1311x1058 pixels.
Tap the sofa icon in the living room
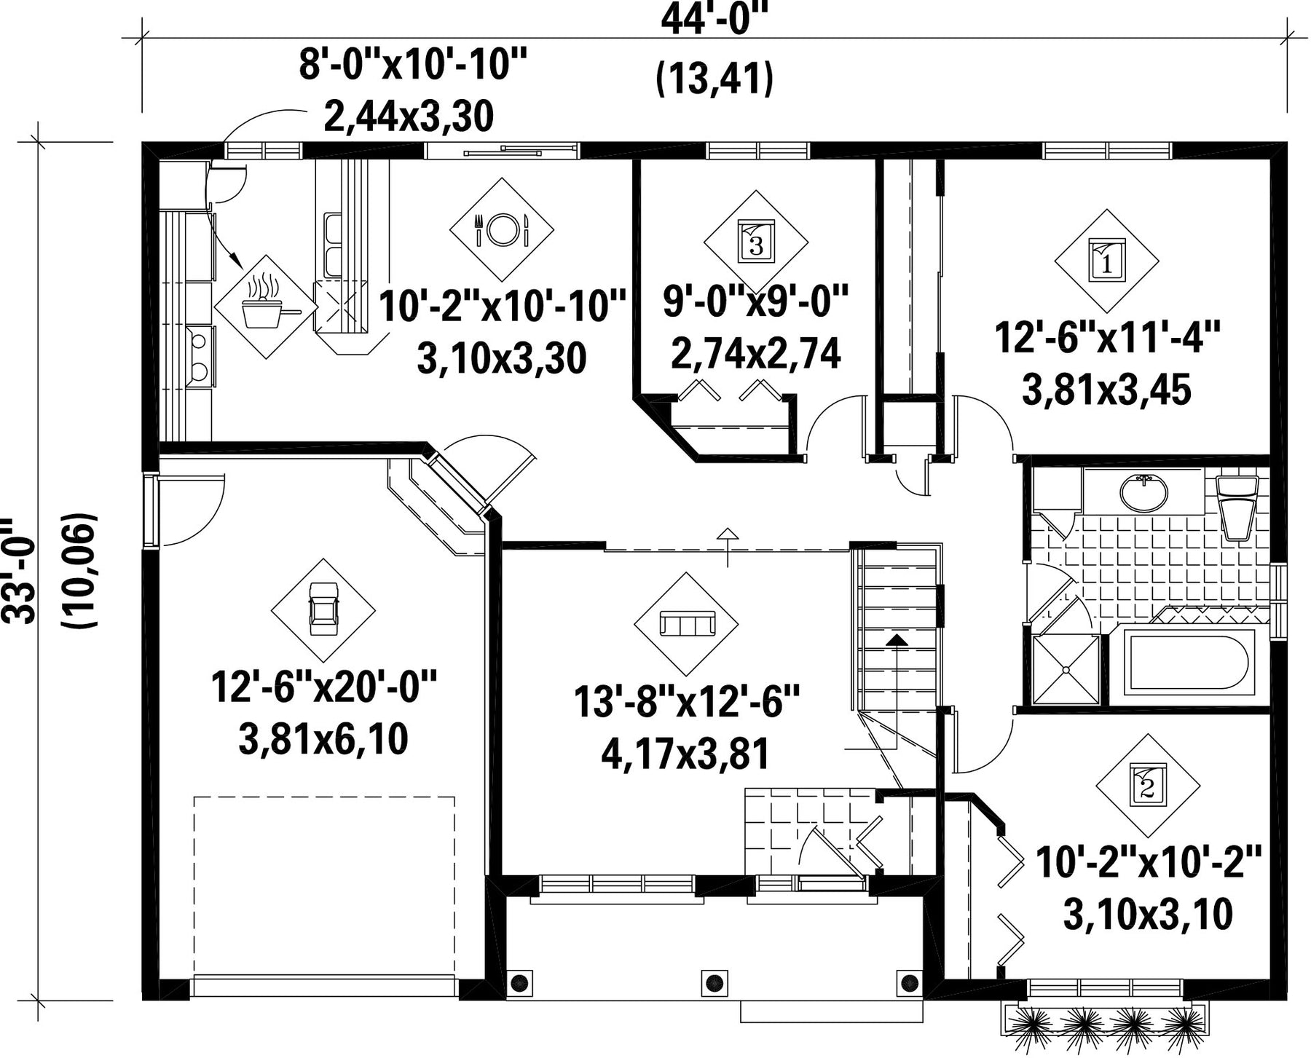pyautogui.click(x=686, y=623)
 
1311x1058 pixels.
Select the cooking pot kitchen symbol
pyautogui.click(x=265, y=306)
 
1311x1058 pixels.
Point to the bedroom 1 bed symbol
pyautogui.click(x=1107, y=260)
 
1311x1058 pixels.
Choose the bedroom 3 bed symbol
pyautogui.click(x=756, y=242)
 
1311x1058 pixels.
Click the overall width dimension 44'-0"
pyautogui.click(x=714, y=20)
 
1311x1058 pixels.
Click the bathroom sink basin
pyautogui.click(x=1143, y=492)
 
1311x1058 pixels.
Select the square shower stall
pyautogui.click(x=1066, y=669)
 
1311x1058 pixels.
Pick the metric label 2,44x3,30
pyautogui.click(x=409, y=117)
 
